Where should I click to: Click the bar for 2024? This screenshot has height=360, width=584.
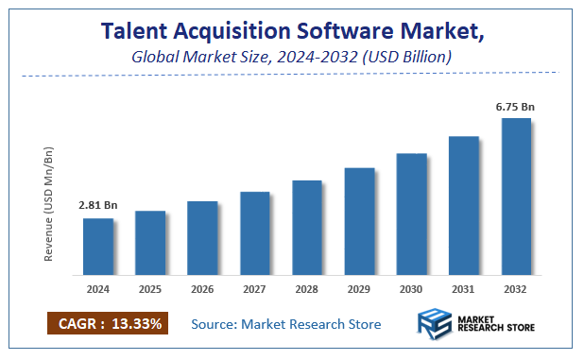(98, 247)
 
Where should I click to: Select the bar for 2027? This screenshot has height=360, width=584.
(255, 233)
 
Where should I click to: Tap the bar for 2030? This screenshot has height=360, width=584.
(411, 214)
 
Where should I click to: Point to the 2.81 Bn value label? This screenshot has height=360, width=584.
(98, 204)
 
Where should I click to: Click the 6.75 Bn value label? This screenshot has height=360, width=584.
(516, 107)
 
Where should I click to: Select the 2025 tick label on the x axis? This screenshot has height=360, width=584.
(150, 288)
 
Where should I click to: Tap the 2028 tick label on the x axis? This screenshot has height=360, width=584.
(307, 288)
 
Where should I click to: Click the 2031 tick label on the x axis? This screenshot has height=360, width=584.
(463, 288)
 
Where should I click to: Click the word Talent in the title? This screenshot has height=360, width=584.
(137, 33)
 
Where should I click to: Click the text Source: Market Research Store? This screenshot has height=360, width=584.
(285, 324)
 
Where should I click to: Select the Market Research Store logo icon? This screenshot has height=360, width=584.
(438, 323)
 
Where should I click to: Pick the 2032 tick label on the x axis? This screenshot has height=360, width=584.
(516, 288)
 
